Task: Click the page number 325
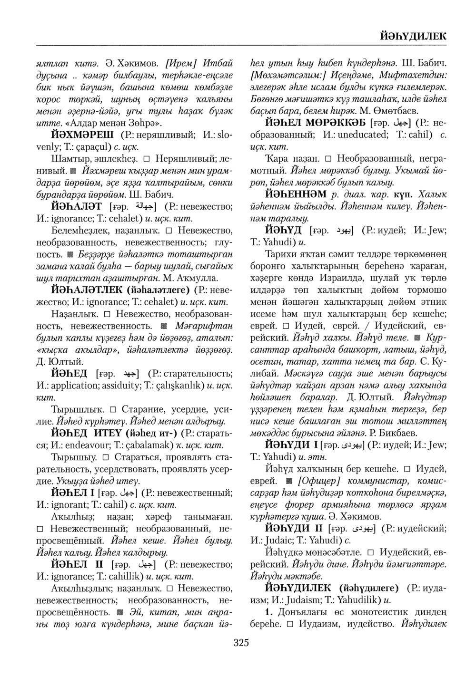pos(241,643)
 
